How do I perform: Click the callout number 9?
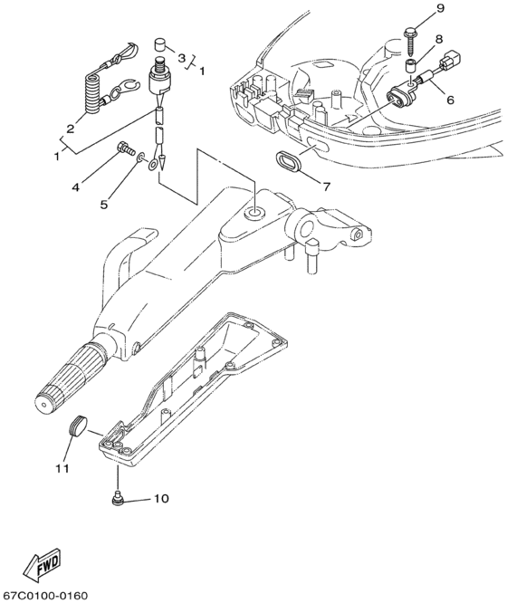pos(440,8)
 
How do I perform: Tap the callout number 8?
pos(438,39)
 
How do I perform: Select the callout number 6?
pos(450,100)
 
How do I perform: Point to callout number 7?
pos(326,187)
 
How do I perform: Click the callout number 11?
pos(62,468)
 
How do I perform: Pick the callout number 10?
pos(161,498)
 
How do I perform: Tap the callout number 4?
pos(76,187)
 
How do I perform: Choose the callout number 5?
pos(104,205)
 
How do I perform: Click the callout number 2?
pos(70,129)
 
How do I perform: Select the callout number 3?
pos(182,58)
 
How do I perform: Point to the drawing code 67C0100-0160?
pos(43,596)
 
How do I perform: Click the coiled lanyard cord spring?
pos(92,93)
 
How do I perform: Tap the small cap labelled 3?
pos(159,43)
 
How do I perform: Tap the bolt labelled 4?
pos(126,147)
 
